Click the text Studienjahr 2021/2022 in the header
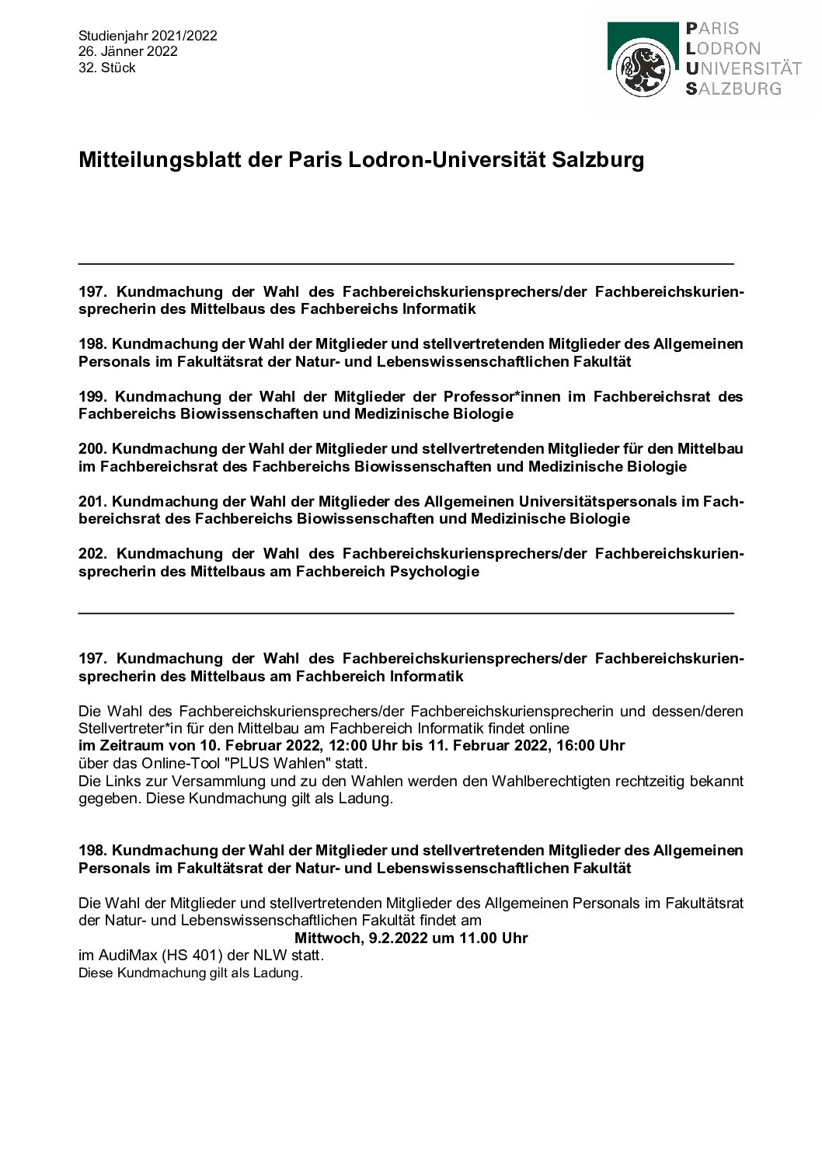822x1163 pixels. click(148, 36)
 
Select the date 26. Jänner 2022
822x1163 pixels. click(128, 52)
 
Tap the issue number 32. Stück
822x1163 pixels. click(107, 68)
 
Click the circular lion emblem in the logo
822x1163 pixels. click(643, 69)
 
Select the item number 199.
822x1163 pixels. click(92, 397)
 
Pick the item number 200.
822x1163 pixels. click(92, 449)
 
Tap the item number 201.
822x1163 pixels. click(92, 502)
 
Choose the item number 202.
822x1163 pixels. click(92, 554)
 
